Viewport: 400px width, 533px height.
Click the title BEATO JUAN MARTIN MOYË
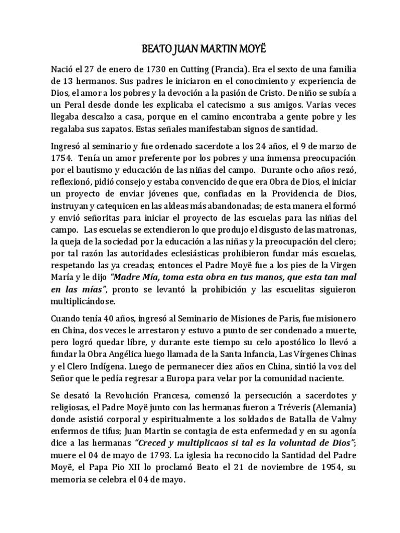[199, 50]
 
